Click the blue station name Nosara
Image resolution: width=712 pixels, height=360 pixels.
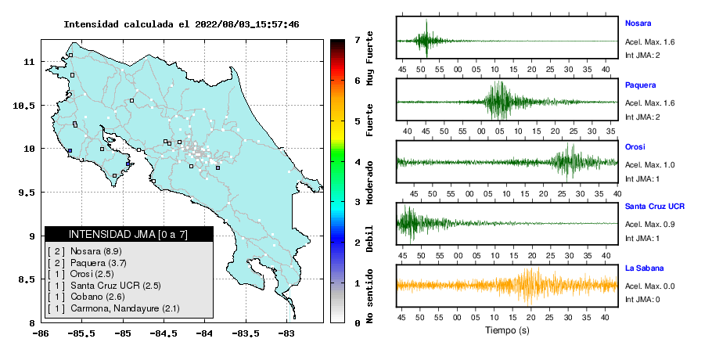638,23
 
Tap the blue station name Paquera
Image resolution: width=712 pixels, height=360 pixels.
640,85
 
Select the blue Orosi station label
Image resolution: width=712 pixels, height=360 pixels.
635,146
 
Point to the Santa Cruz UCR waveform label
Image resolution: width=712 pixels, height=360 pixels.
655,206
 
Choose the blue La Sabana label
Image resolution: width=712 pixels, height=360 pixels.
645,268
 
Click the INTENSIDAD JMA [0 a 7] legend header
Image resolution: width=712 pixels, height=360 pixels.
128,234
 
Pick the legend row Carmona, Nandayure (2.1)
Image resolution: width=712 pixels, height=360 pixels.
113,308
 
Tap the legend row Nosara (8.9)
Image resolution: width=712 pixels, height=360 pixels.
85,251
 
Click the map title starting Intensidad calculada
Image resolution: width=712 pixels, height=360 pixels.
182,24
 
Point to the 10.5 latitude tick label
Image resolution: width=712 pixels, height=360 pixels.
24,106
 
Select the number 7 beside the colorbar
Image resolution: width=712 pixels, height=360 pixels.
357,40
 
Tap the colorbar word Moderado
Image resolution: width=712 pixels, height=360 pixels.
370,182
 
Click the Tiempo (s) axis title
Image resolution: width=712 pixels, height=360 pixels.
507,330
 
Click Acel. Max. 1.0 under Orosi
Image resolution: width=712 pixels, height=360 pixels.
649,165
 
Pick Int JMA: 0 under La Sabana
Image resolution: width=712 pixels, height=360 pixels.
642,300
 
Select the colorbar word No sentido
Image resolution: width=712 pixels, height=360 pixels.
370,296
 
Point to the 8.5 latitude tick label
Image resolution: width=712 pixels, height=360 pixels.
27,279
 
